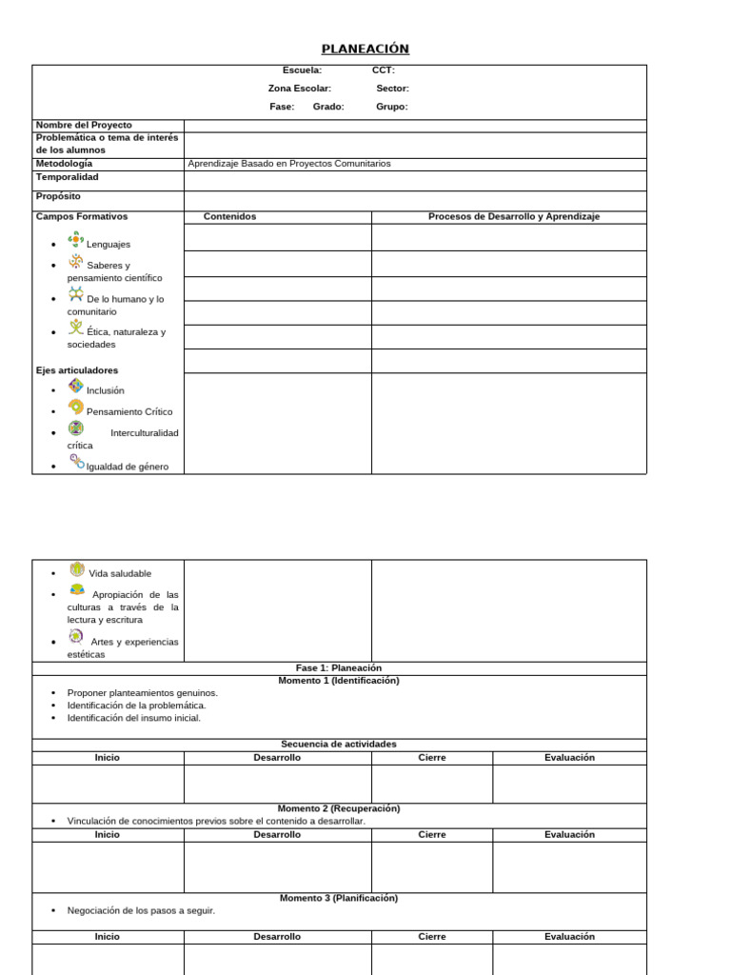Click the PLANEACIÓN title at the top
click(x=365, y=50)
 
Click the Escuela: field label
click(x=302, y=70)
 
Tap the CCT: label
click(x=383, y=70)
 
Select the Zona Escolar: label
click(x=299, y=89)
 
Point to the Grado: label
click(x=328, y=107)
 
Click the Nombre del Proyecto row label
click(x=84, y=126)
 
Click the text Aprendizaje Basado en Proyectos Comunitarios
click(x=289, y=164)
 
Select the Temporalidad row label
click(x=67, y=177)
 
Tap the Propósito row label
click(x=58, y=196)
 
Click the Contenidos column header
click(x=229, y=217)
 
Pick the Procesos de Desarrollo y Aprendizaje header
click(x=514, y=217)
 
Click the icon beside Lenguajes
click(x=76, y=239)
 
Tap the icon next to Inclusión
click(x=76, y=386)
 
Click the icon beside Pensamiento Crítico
click(x=76, y=407)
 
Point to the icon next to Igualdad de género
click(x=76, y=462)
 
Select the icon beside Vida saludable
click(x=77, y=569)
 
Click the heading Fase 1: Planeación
click(x=339, y=668)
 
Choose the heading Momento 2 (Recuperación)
click(x=339, y=808)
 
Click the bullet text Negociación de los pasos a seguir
click(x=141, y=911)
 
